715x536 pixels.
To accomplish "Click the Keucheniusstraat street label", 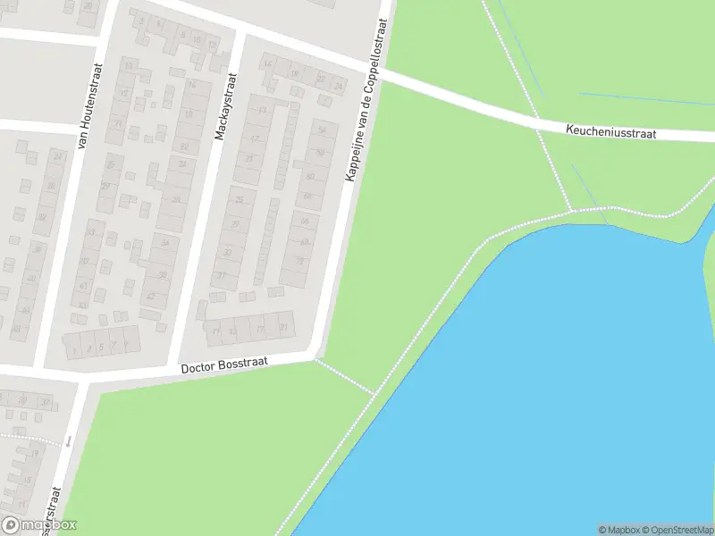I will point(611,131).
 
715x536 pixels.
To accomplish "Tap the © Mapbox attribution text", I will point(619,530).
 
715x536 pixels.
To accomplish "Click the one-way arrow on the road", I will point(68,440).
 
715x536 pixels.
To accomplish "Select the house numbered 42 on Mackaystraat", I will point(151,296).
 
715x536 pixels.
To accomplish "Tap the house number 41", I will point(84,286).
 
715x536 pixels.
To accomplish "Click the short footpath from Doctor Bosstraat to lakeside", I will point(345,377).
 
